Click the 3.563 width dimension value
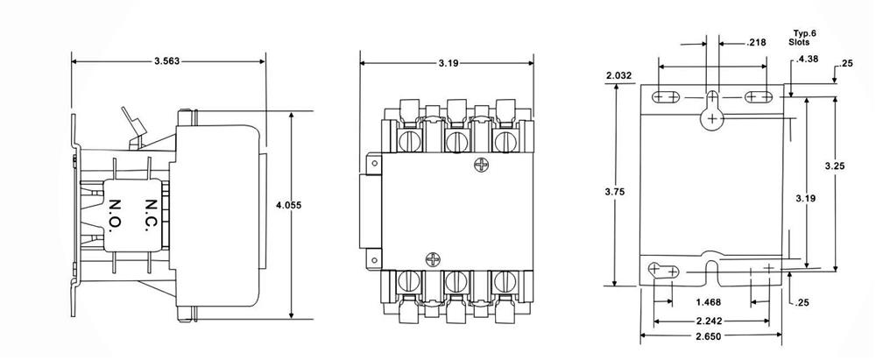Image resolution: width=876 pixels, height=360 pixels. (167, 61)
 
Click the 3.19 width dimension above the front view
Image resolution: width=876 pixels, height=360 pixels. (447, 63)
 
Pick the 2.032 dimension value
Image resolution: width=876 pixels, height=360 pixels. (618, 75)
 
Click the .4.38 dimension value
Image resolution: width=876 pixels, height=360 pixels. (807, 60)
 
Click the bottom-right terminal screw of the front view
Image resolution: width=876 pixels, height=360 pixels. (504, 282)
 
